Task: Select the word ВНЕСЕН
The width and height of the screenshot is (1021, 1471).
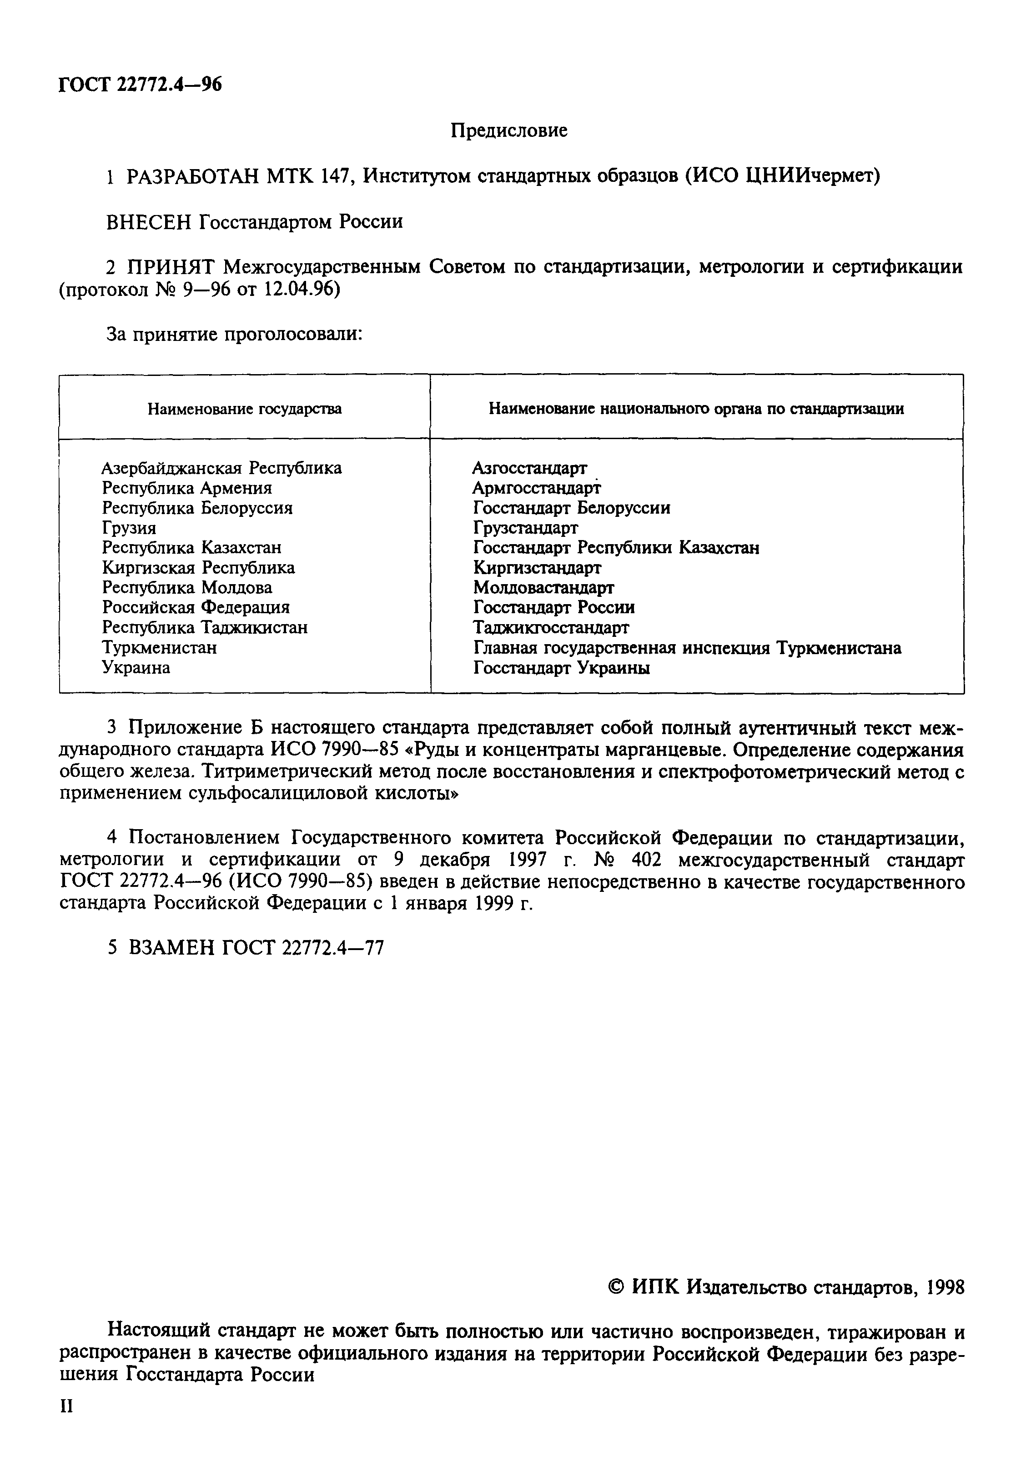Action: point(148,222)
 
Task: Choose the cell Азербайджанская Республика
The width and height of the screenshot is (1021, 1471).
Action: point(221,468)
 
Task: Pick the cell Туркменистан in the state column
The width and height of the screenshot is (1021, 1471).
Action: point(159,648)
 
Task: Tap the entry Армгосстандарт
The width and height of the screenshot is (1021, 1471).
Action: point(537,488)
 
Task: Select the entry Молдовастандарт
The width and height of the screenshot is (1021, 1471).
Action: point(543,587)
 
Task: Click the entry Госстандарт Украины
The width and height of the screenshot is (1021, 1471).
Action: point(562,668)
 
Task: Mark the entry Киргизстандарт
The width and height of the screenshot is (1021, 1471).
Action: point(537,568)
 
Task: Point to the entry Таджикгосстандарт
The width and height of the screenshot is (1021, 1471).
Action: point(551,628)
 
